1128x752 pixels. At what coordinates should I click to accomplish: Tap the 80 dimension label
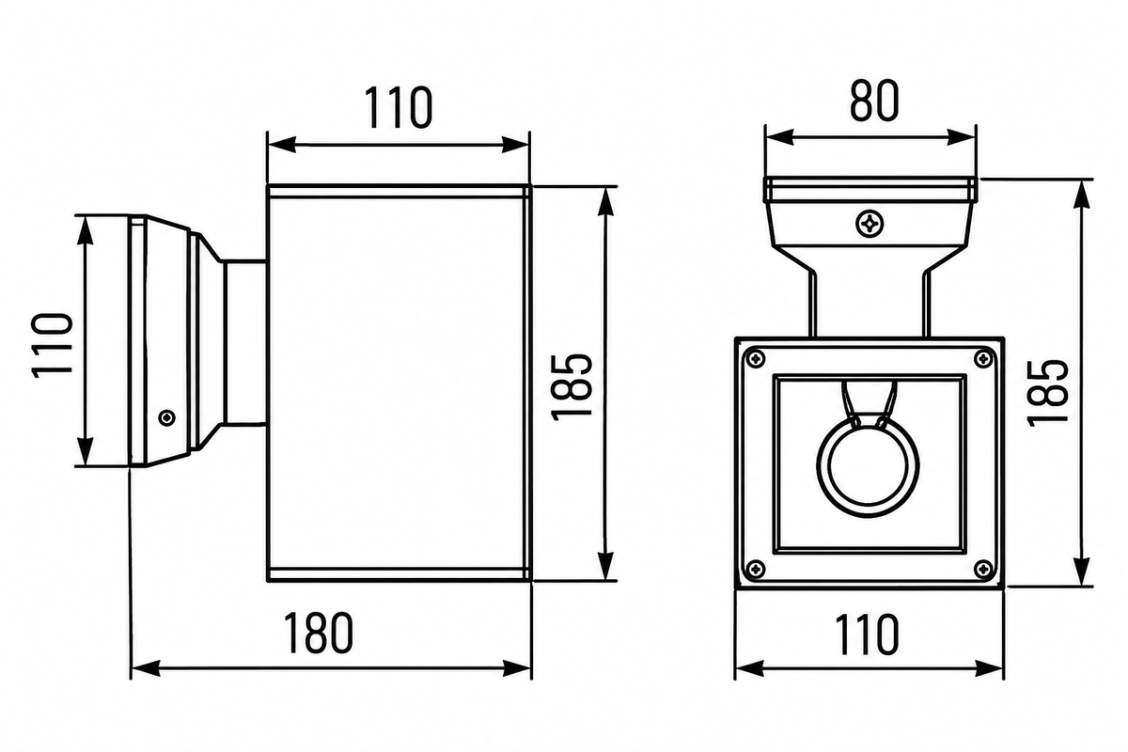pyautogui.click(x=874, y=101)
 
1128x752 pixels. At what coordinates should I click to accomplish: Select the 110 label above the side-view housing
pyautogui.click(x=398, y=107)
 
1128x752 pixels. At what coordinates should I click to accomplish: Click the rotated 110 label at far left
pyautogui.click(x=53, y=346)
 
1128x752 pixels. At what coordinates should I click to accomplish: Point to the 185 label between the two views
pyautogui.click(x=572, y=387)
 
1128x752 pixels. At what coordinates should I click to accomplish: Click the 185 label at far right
pyautogui.click(x=1047, y=393)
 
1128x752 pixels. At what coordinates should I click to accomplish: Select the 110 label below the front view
pyautogui.click(x=867, y=634)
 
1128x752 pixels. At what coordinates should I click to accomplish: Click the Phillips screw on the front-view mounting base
pyautogui.click(x=869, y=223)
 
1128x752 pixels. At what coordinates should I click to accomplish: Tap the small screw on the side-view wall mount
pyautogui.click(x=166, y=417)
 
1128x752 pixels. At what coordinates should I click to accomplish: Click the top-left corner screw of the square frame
pyautogui.click(x=756, y=359)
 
